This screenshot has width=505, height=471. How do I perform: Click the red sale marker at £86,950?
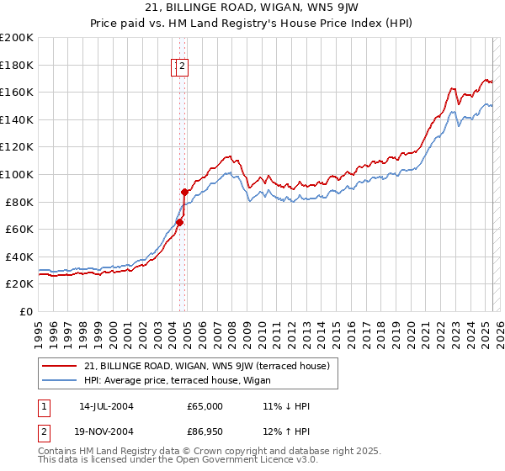(x=184, y=193)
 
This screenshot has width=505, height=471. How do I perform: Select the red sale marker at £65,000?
(x=179, y=223)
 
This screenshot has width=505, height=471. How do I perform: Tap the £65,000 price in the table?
(x=205, y=406)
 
